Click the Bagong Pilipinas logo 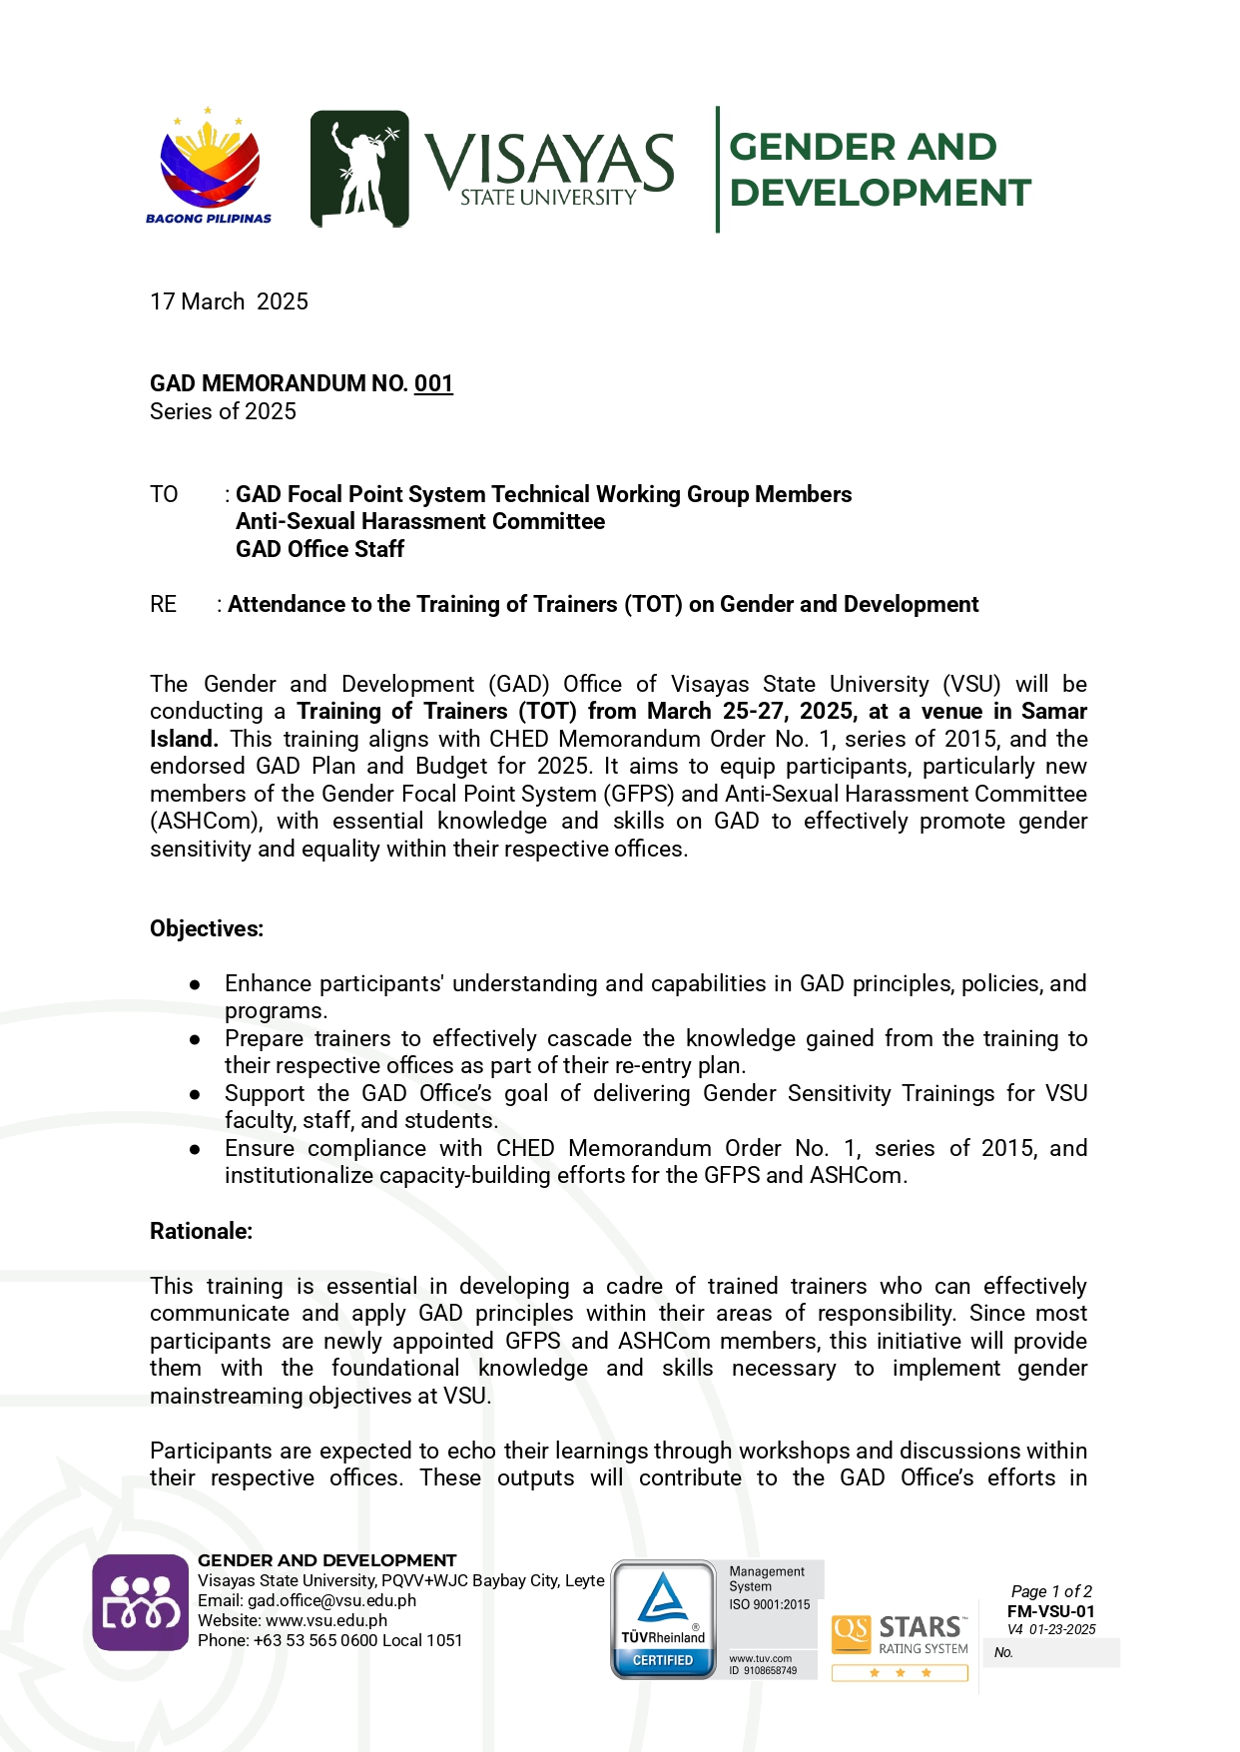point(209,166)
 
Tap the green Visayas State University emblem point(359,169)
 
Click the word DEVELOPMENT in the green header point(880,193)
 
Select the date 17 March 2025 point(229,301)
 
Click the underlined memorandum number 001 point(433,383)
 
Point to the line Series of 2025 point(223,411)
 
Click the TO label point(164,494)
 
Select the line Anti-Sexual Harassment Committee point(420,521)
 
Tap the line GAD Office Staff point(319,549)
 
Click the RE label point(163,604)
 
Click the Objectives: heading point(207,928)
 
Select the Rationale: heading point(201,1231)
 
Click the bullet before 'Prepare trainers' point(195,1039)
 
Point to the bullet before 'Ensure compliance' point(195,1149)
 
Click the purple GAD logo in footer point(141,1602)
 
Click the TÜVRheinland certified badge point(663,1619)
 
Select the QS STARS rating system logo point(901,1637)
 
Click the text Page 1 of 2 point(1051,1591)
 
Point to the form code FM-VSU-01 point(1050,1611)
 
